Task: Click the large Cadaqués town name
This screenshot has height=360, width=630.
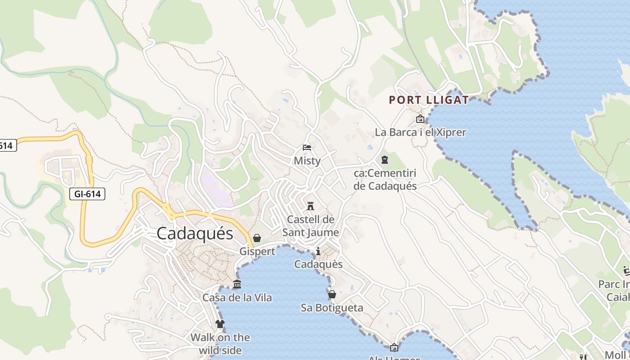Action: [x=195, y=234]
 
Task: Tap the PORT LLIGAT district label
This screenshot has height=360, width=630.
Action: [x=428, y=100]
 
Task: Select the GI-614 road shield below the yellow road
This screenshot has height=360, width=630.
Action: [x=87, y=194]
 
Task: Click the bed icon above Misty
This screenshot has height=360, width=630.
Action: [x=307, y=148]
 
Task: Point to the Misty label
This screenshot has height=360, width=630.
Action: [x=307, y=161]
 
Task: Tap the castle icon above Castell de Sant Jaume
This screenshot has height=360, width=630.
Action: [x=310, y=206]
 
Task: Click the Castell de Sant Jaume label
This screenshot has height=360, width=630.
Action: [x=310, y=226]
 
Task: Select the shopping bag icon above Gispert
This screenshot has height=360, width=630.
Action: [x=257, y=238]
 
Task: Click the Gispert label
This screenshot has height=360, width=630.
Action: [x=257, y=252]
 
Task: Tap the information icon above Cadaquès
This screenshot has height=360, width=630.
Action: [x=318, y=251]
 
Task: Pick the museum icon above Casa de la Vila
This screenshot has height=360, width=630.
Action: [x=237, y=284]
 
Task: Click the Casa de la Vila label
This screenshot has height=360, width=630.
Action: [x=237, y=297]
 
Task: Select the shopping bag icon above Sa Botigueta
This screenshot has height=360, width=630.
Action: [x=332, y=294]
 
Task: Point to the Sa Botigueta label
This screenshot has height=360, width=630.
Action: [x=332, y=308]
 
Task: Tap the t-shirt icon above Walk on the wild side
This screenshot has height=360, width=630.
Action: [x=220, y=324]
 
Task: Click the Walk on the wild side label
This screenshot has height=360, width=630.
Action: [x=220, y=344]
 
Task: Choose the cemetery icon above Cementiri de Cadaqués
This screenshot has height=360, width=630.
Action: [x=385, y=160]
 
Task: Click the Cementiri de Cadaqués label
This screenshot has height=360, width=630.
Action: [x=385, y=180]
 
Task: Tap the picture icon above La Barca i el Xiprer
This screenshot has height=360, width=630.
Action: [x=420, y=119]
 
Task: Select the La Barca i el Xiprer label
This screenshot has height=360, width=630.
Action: [x=420, y=132]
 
